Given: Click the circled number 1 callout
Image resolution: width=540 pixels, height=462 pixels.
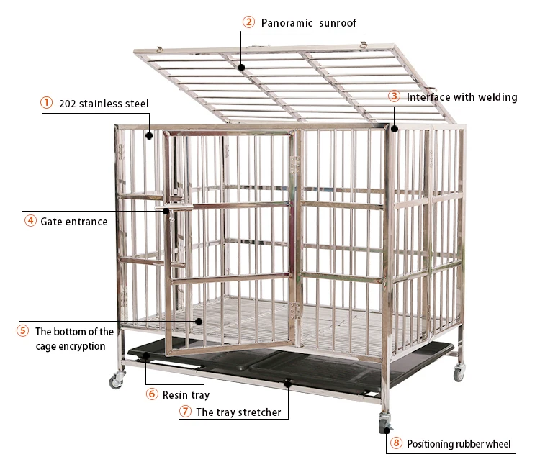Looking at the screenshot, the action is (46, 103).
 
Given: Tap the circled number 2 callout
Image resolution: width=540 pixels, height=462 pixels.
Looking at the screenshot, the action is (248, 22).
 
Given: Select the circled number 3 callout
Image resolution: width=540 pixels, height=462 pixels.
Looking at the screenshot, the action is (395, 96).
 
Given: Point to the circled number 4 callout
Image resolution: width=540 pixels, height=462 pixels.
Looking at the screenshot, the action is (30, 221).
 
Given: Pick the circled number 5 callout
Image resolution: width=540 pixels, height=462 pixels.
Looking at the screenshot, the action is (22, 331).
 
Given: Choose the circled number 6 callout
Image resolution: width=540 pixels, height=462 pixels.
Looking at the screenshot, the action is (151, 394).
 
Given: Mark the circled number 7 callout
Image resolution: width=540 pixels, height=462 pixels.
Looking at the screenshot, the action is (185, 412).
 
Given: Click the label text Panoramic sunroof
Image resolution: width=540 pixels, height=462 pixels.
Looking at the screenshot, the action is (309, 22).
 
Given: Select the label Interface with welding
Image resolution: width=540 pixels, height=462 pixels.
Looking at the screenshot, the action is (462, 97).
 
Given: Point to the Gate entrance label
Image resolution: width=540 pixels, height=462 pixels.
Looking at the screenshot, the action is (74, 222).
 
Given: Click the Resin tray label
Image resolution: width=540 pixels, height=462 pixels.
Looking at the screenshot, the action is (186, 394).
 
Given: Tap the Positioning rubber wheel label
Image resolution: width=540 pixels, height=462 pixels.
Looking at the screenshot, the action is (459, 444).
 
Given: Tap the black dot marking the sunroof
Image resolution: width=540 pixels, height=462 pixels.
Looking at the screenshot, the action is (241, 68).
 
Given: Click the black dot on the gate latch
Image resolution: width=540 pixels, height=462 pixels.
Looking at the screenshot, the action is (166, 211).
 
